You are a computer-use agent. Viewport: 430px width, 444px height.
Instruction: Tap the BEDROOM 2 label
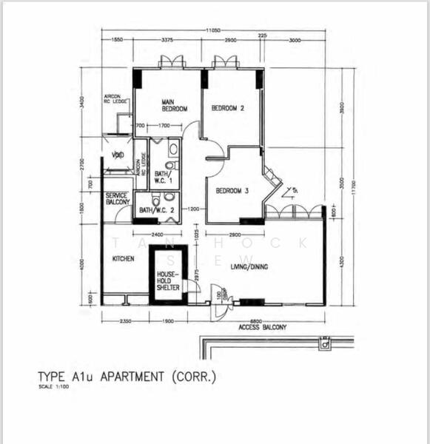[x=228, y=108]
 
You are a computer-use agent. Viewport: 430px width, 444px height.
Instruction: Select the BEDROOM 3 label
[x=232, y=191]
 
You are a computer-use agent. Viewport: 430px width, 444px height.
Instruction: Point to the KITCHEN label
[x=123, y=260]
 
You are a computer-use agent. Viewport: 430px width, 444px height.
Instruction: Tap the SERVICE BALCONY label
[x=117, y=198]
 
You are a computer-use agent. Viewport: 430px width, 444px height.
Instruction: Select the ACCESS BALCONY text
[x=263, y=326]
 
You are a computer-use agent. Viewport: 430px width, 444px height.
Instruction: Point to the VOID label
[x=118, y=155]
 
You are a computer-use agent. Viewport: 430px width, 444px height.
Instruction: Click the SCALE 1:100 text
[x=55, y=388]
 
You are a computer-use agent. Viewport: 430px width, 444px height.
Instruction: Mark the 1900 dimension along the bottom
[x=167, y=320]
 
